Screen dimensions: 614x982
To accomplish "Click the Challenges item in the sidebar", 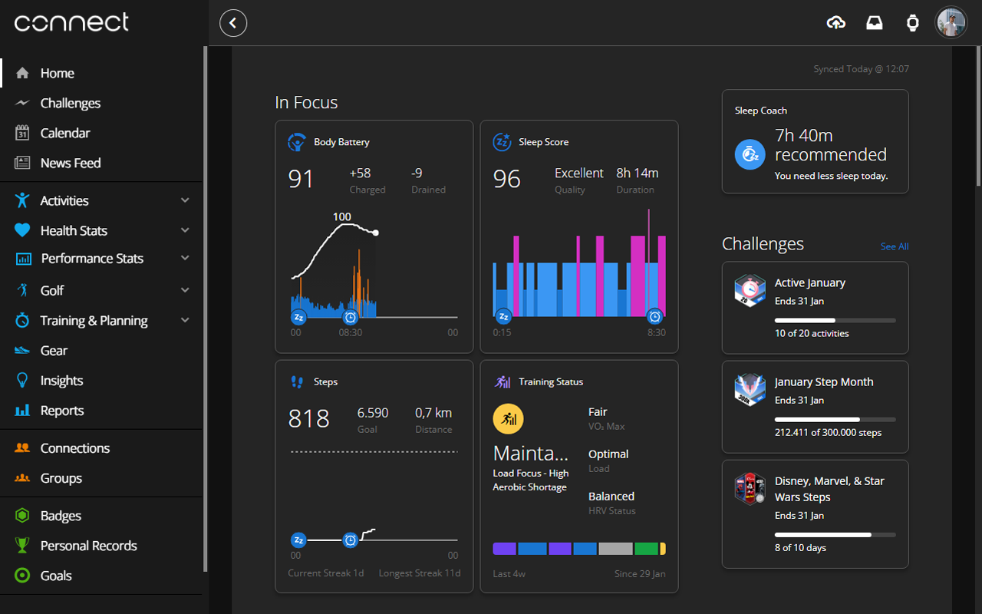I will click(70, 103).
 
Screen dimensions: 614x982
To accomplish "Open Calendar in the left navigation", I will click(64, 133).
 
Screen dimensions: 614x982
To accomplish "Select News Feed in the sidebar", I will click(70, 163).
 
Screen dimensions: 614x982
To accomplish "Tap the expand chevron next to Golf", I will click(185, 290).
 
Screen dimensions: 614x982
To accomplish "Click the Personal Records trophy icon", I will click(23, 546).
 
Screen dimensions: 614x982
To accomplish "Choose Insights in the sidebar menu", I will click(61, 381).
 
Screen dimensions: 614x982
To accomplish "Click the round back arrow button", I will click(233, 23).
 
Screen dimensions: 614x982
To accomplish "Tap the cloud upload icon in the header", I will click(836, 23).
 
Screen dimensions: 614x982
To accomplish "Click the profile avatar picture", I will click(951, 23).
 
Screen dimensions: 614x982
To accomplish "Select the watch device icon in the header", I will click(912, 23).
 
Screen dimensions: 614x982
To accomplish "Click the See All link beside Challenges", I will click(894, 246).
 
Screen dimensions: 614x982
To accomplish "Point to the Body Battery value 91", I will click(301, 179).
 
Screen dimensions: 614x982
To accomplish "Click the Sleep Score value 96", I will click(506, 179).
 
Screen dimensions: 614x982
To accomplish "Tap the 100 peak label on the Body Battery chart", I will click(342, 217).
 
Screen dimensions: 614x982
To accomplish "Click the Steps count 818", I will click(308, 418).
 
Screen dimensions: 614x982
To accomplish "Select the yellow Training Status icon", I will click(508, 420).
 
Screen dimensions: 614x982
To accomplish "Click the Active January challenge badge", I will click(750, 291).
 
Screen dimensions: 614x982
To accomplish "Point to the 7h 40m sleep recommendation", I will click(803, 136).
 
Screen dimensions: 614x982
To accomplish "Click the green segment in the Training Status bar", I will click(646, 549).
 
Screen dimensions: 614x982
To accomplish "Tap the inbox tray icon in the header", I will click(875, 23).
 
